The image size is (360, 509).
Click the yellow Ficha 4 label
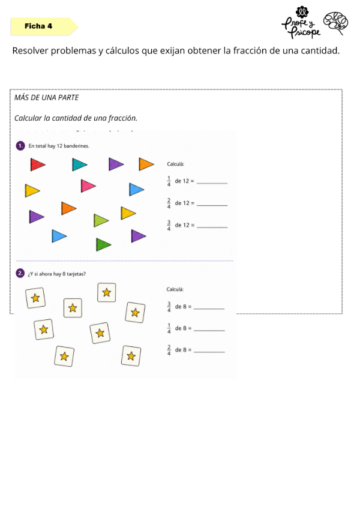pyautogui.click(x=44, y=26)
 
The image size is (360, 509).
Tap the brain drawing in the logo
pyautogui.click(x=335, y=23)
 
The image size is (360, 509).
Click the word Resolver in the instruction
pyautogui.click(x=30, y=50)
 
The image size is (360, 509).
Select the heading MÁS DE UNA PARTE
pyautogui.click(x=46, y=97)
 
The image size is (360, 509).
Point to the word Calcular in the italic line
pyautogui.click(x=28, y=118)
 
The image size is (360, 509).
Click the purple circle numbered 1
pyautogui.click(x=20, y=146)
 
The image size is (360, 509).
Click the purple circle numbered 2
pyautogui.click(x=20, y=273)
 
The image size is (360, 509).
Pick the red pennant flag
pyautogui.click(x=38, y=164)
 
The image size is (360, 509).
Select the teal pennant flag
pyautogui.click(x=80, y=164)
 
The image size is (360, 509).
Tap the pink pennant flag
pyautogui.click(x=88, y=185)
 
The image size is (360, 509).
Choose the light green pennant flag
pyautogui.click(x=101, y=220)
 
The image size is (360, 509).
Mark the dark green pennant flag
pyautogui.click(x=104, y=244)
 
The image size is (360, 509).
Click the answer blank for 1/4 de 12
pyautogui.click(x=212, y=183)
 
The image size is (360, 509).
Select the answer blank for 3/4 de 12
pyautogui.click(x=212, y=227)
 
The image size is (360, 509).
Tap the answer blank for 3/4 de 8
pyautogui.click(x=209, y=309)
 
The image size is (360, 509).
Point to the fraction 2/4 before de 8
pyautogui.click(x=169, y=350)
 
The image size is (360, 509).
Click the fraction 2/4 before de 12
pyautogui.click(x=169, y=203)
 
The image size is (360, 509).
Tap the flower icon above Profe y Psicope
pyautogui.click(x=302, y=12)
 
